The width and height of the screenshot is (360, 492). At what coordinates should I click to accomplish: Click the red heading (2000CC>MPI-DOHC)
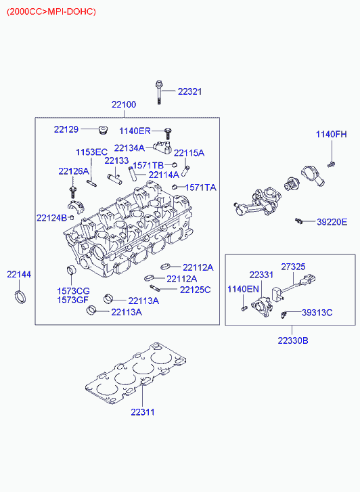coord(51,12)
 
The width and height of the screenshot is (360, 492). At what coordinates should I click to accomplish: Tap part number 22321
coord(189,91)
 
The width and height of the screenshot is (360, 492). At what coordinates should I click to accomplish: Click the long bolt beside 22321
coord(158,92)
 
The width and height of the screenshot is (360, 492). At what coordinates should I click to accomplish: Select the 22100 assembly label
coord(124,104)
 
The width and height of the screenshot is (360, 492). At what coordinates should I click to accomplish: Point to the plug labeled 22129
coord(102,129)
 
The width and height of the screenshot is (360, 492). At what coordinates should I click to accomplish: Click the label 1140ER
coord(135,131)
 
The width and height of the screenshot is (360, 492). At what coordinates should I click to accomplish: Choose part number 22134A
coord(129,148)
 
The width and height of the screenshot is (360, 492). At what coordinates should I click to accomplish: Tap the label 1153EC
coord(91,152)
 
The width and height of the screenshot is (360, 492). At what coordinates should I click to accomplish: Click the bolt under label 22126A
coord(73,192)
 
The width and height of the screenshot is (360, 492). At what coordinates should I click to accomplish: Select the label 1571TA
coord(201,187)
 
